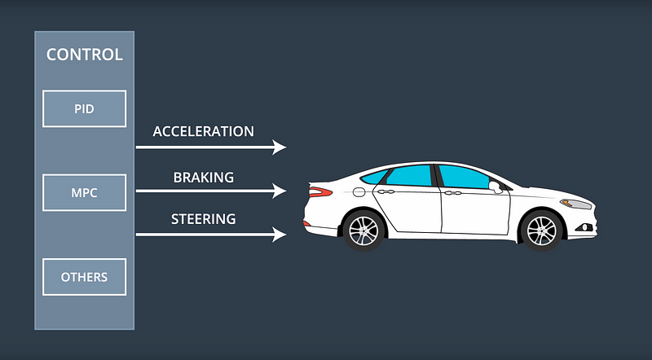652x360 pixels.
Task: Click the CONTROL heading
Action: click(84, 55)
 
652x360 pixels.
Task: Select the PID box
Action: click(84, 108)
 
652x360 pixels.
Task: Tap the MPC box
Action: click(84, 192)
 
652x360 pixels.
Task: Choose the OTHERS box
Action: click(84, 277)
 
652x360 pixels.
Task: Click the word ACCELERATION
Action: click(203, 131)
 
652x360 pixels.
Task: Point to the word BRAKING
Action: click(203, 177)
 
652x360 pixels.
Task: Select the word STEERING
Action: click(203, 219)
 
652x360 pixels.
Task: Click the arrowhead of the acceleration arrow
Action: click(280, 147)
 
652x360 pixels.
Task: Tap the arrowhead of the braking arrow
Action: click(280, 191)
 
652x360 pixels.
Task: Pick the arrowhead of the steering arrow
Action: click(280, 235)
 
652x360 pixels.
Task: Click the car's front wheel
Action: click(540, 230)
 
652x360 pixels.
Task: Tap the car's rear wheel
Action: click(363, 230)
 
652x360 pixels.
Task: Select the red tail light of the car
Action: click(320, 192)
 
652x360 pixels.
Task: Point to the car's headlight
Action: click(575, 203)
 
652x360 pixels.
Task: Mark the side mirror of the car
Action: click(495, 186)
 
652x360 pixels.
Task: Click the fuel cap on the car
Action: click(359, 192)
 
